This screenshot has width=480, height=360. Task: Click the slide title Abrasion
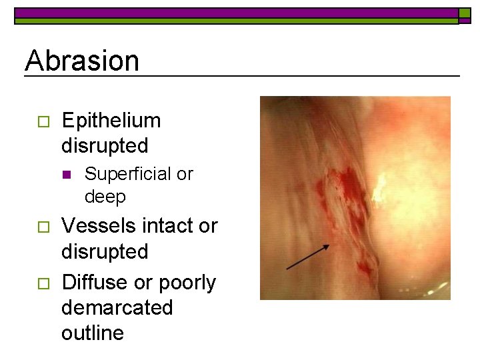tap(82, 61)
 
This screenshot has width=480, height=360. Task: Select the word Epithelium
tap(111, 121)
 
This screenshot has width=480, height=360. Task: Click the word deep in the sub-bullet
tap(105, 197)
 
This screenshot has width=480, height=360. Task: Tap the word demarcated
tap(117, 308)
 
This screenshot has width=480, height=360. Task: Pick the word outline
tap(92, 333)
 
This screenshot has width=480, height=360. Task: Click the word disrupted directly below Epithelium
tap(105, 145)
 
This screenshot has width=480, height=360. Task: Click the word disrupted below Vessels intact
tap(105, 251)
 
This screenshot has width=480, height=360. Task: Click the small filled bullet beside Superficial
tap(66, 175)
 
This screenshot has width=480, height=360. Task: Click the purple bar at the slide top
tap(236, 13)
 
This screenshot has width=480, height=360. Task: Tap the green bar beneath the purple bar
tap(236, 21)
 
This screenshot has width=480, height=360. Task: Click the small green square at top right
tap(464, 13)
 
